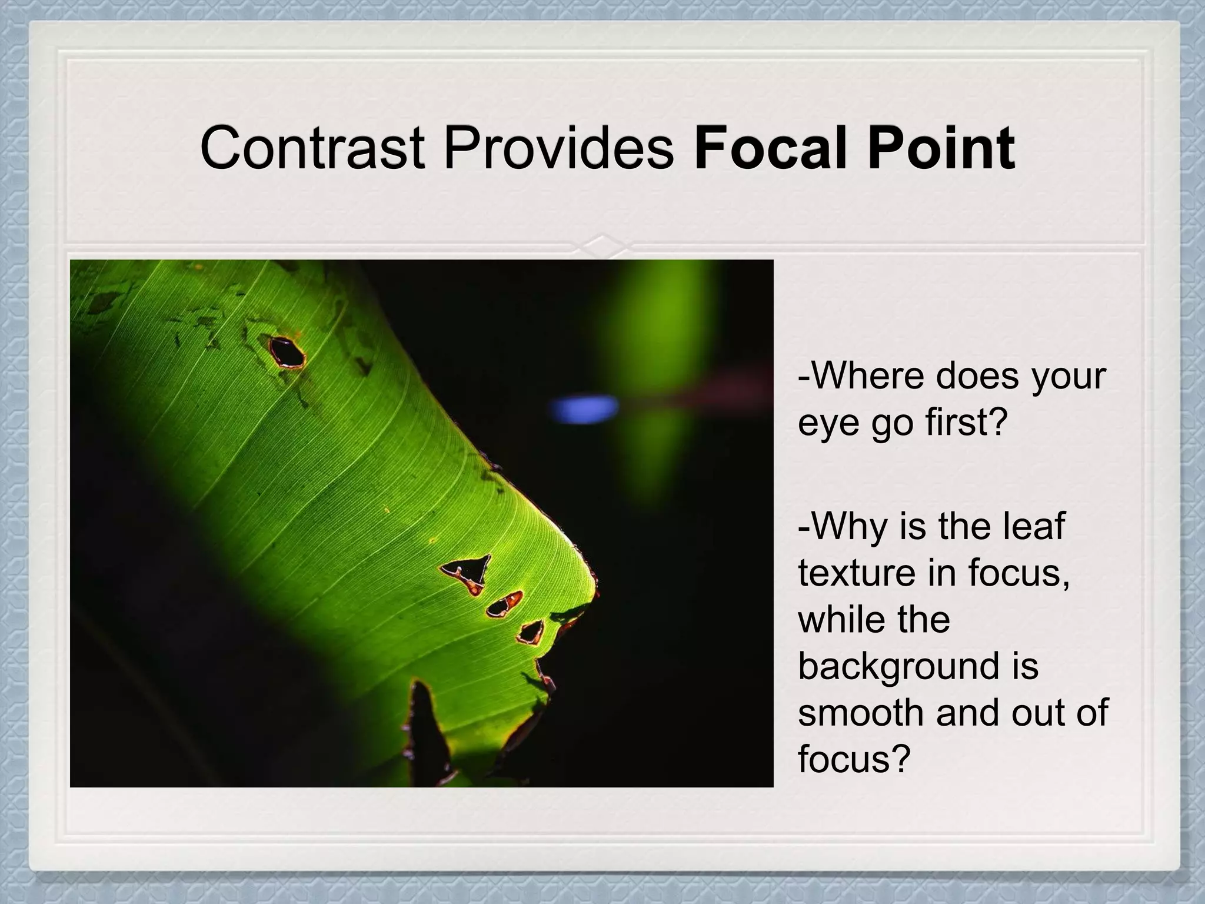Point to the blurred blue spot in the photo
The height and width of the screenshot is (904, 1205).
click(582, 407)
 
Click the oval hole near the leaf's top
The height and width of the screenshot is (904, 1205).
click(287, 353)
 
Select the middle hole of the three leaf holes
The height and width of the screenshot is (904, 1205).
click(504, 604)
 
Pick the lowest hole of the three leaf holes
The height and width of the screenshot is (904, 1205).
click(531, 632)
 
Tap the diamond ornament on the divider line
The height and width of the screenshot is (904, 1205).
click(604, 243)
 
